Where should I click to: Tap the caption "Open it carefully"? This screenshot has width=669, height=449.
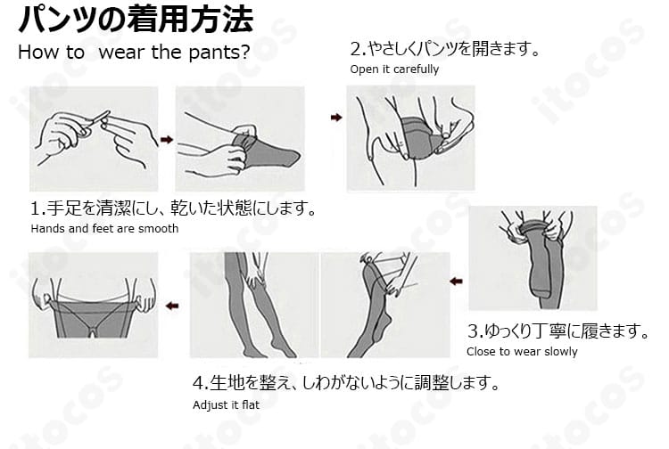click(x=394, y=69)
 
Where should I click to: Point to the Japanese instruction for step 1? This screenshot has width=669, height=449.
click(x=174, y=209)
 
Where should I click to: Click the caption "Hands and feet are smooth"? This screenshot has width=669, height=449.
click(x=104, y=229)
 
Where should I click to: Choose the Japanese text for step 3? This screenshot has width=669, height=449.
click(x=557, y=331)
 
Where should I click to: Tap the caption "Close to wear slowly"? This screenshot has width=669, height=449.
click(x=522, y=351)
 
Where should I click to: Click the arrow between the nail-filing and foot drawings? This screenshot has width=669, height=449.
click(x=166, y=139)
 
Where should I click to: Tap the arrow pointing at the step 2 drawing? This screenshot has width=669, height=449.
click(x=335, y=117)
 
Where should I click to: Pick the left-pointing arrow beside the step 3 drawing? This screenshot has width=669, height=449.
click(x=456, y=282)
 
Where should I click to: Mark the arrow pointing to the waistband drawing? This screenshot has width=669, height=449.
click(x=172, y=306)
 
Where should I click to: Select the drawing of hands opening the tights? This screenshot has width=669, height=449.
click(x=410, y=138)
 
